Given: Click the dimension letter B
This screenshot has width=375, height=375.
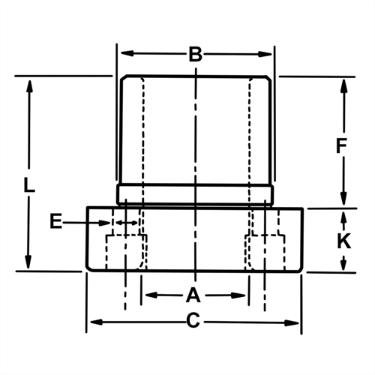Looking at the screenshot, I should click(x=194, y=54).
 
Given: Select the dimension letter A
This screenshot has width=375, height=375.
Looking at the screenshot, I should click(x=193, y=294).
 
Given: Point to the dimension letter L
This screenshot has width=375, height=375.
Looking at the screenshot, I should click(x=28, y=184).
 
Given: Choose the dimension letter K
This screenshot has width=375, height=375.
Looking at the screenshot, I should click(x=343, y=241).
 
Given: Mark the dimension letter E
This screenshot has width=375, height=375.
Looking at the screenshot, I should click(x=55, y=221).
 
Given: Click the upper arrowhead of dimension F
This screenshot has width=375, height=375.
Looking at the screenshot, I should click(x=343, y=84).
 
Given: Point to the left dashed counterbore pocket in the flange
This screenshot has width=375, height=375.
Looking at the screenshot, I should click(x=125, y=252).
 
